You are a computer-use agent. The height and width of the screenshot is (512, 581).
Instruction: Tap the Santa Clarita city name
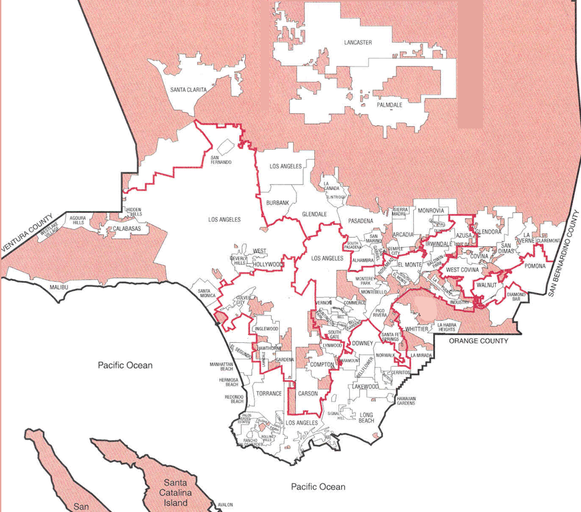tap(193, 89)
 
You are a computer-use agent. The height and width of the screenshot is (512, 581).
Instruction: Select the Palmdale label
tap(390, 105)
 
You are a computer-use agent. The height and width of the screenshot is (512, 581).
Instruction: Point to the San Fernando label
tap(221, 160)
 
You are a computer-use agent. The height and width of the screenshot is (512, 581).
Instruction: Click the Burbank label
tap(277, 202)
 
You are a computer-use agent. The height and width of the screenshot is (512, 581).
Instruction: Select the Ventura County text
tap(28, 234)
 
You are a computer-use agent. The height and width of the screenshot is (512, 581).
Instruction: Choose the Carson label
tap(308, 393)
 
